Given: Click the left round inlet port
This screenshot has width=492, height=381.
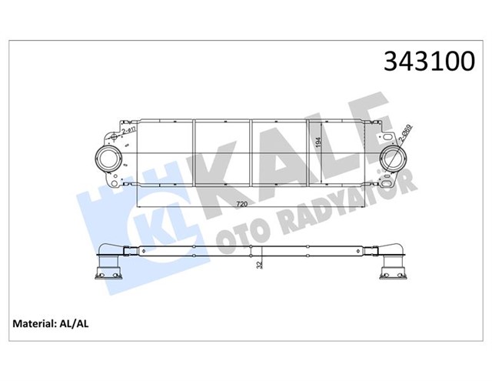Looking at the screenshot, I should click(108, 159).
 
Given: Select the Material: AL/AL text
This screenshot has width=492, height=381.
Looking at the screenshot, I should click(50, 323).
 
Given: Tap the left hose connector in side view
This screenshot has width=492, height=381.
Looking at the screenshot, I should click(107, 266).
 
